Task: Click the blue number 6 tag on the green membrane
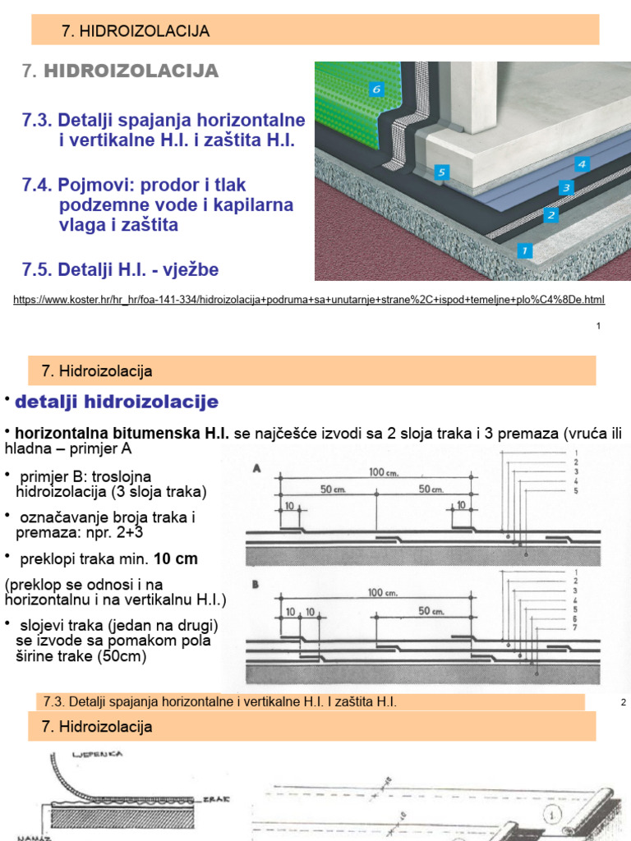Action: click(x=376, y=89)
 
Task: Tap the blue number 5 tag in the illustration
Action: click(x=442, y=172)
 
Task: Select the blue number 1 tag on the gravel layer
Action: click(x=524, y=248)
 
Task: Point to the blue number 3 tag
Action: click(x=565, y=188)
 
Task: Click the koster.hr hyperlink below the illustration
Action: click(x=309, y=300)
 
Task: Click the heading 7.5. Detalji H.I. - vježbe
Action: click(x=121, y=269)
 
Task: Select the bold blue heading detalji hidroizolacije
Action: click(x=117, y=402)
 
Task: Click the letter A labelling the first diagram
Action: click(x=256, y=469)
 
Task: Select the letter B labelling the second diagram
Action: click(x=256, y=586)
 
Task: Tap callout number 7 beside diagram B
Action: click(x=576, y=628)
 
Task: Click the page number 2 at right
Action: click(x=624, y=703)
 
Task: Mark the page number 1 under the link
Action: click(x=598, y=327)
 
